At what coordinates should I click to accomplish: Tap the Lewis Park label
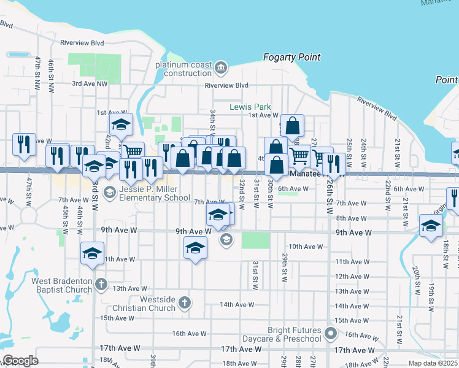pyautogui.click(x=250, y=106)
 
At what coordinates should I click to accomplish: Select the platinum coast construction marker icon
pyautogui.click(x=220, y=66)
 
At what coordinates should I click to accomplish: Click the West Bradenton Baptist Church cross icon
pyautogui.click(x=101, y=285)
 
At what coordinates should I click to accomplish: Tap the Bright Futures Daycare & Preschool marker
pyautogui.click(x=331, y=334)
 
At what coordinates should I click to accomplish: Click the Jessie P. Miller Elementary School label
pyautogui.click(x=155, y=194)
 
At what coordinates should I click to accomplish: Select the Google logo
pyautogui.click(x=20, y=360)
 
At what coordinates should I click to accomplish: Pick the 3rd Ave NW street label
pyautogui.click(x=90, y=83)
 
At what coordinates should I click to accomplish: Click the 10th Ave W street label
pyautogui.click(x=305, y=247)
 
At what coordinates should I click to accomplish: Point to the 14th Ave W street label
pyautogui.click(x=237, y=304)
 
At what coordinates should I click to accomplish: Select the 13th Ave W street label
pyautogui.click(x=130, y=288)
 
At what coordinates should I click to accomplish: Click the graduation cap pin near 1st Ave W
pyautogui.click(x=121, y=125)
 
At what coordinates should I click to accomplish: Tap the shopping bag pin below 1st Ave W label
pyautogui.click(x=293, y=126)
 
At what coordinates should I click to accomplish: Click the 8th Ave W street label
pyautogui.click(x=347, y=218)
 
